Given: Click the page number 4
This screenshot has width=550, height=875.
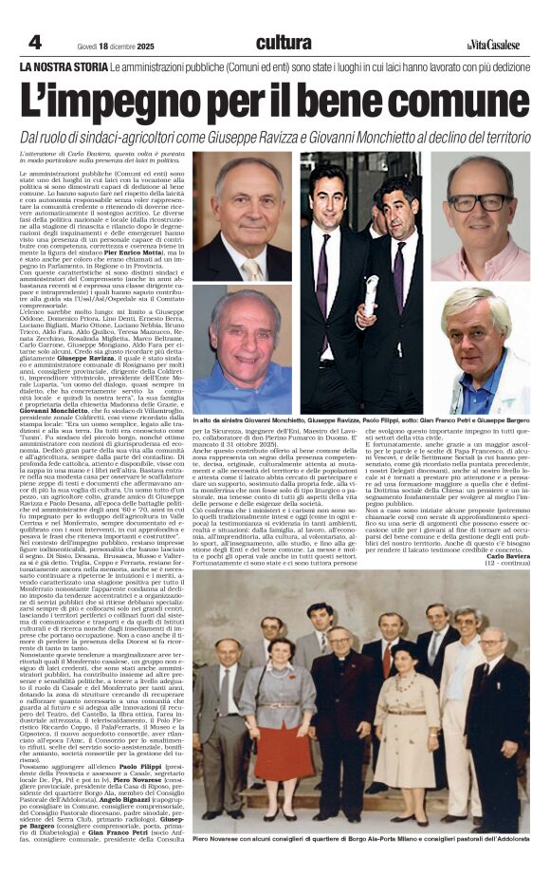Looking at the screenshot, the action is coord(35,43).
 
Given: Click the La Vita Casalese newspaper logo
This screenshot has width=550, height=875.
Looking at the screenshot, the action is coord(494,44).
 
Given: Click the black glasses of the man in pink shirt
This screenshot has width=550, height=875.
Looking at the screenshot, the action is coord(480,202).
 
